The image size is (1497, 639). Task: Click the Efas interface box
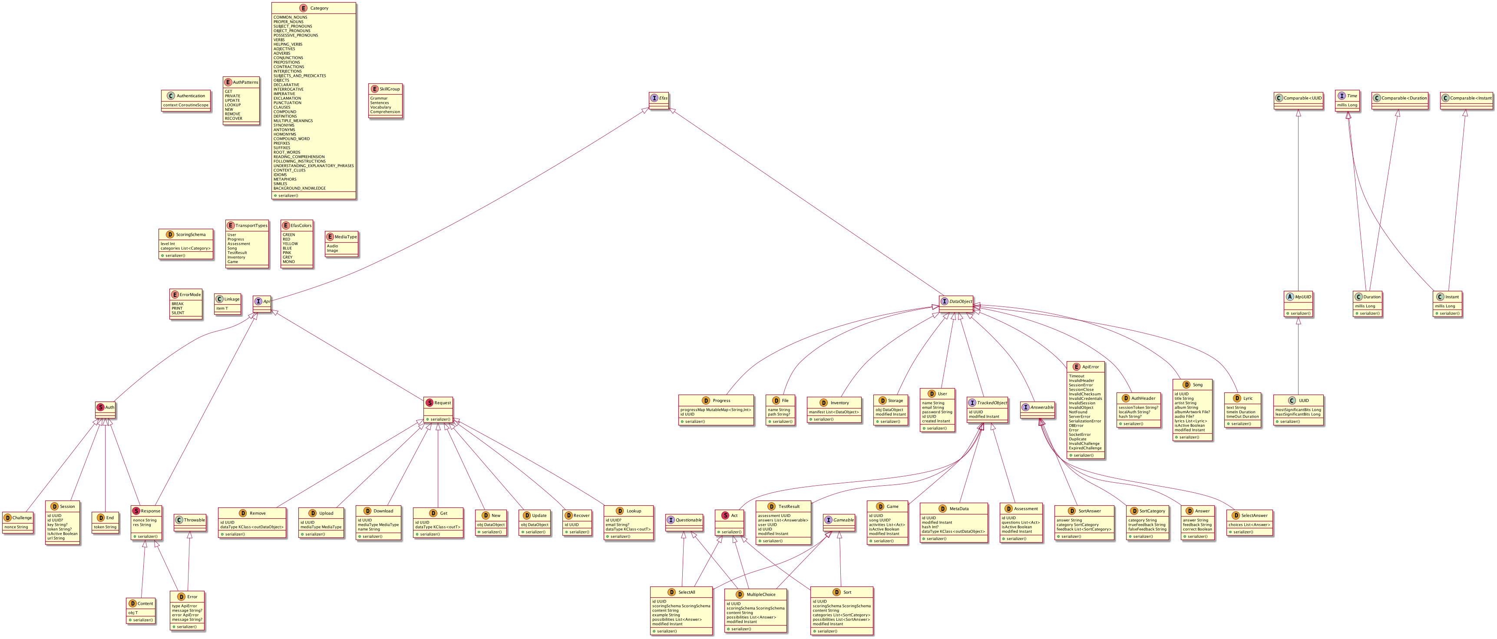tap(660, 98)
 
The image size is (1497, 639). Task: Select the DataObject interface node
tap(956, 302)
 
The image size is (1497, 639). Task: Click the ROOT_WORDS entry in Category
tap(287, 152)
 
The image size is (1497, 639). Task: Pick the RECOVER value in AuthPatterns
tap(234, 119)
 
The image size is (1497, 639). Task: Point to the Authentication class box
tap(186, 100)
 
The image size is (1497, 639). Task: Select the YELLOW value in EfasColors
tap(290, 244)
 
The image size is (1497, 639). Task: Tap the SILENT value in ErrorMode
tap(178, 313)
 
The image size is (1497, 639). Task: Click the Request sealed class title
tap(442, 402)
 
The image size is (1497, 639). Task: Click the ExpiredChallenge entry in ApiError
tap(1085, 448)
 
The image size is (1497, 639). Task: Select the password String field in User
tap(937, 412)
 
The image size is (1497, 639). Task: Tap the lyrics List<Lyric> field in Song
tap(1191, 421)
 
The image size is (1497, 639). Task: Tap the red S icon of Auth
tap(100, 407)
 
